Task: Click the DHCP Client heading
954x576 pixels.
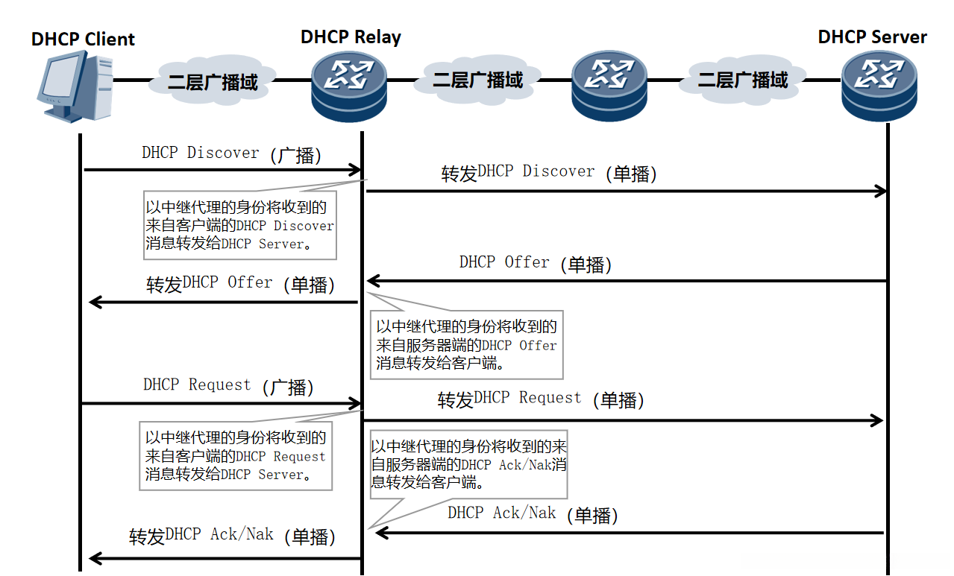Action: pyautogui.click(x=83, y=39)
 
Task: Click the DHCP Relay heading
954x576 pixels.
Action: pyautogui.click(x=351, y=37)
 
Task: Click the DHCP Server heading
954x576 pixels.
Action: pyautogui.click(x=872, y=37)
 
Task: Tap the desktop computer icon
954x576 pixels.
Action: pyautogui.click(x=75, y=86)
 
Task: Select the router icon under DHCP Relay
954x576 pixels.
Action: pyautogui.click(x=349, y=86)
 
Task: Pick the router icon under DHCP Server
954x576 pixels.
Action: pyautogui.click(x=879, y=86)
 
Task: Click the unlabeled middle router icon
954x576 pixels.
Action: pyautogui.click(x=609, y=86)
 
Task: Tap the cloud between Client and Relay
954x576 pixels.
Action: pyautogui.click(x=213, y=80)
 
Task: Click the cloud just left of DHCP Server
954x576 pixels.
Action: pyautogui.click(x=743, y=80)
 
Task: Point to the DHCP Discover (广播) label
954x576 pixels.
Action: pyautogui.click(x=231, y=154)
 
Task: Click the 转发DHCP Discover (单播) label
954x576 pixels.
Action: pyautogui.click(x=548, y=173)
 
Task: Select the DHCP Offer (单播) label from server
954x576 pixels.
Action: pyautogui.click(x=536, y=264)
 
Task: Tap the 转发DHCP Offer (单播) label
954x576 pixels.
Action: pyautogui.click(x=240, y=284)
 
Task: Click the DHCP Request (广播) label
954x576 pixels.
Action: pyautogui.click(x=228, y=386)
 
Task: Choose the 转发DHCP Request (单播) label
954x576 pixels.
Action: pyautogui.click(x=541, y=399)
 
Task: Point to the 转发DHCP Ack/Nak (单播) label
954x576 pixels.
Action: pyautogui.click(x=232, y=536)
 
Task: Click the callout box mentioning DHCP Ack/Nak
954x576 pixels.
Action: pyautogui.click(x=469, y=464)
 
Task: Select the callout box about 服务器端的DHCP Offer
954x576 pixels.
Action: pyautogui.click(x=467, y=344)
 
